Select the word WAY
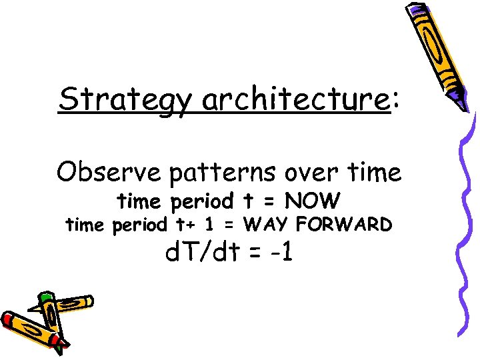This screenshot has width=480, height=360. click(269, 225)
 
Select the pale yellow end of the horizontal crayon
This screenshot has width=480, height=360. click(87, 301)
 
